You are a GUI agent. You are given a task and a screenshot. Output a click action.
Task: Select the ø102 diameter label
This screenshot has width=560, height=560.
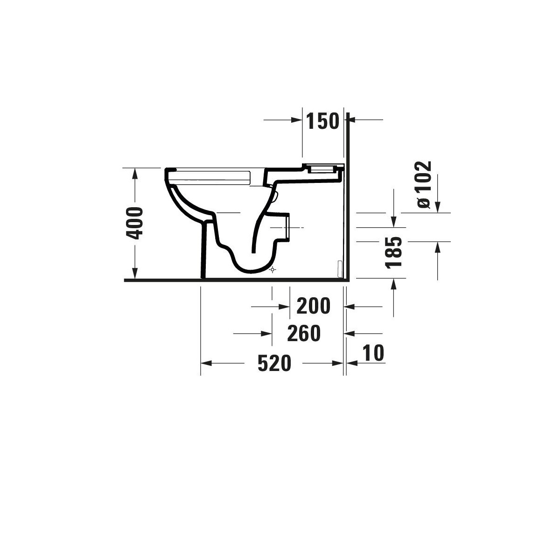tap(424, 184)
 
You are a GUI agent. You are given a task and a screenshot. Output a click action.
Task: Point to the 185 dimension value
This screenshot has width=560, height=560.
tap(393, 252)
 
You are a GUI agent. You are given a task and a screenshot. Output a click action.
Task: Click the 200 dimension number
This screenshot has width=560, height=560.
tap(313, 306)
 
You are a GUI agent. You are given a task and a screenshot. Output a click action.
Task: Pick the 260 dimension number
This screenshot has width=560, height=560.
tap(304, 333)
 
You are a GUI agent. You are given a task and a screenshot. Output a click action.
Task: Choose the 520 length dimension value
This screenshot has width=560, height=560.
tap(274, 363)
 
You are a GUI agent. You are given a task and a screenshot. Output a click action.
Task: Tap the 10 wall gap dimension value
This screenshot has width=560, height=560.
tap(373, 353)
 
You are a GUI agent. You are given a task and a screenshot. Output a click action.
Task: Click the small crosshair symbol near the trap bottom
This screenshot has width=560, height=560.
tap(272, 270)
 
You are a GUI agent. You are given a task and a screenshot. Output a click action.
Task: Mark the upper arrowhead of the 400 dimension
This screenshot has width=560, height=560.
tap(135, 174)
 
